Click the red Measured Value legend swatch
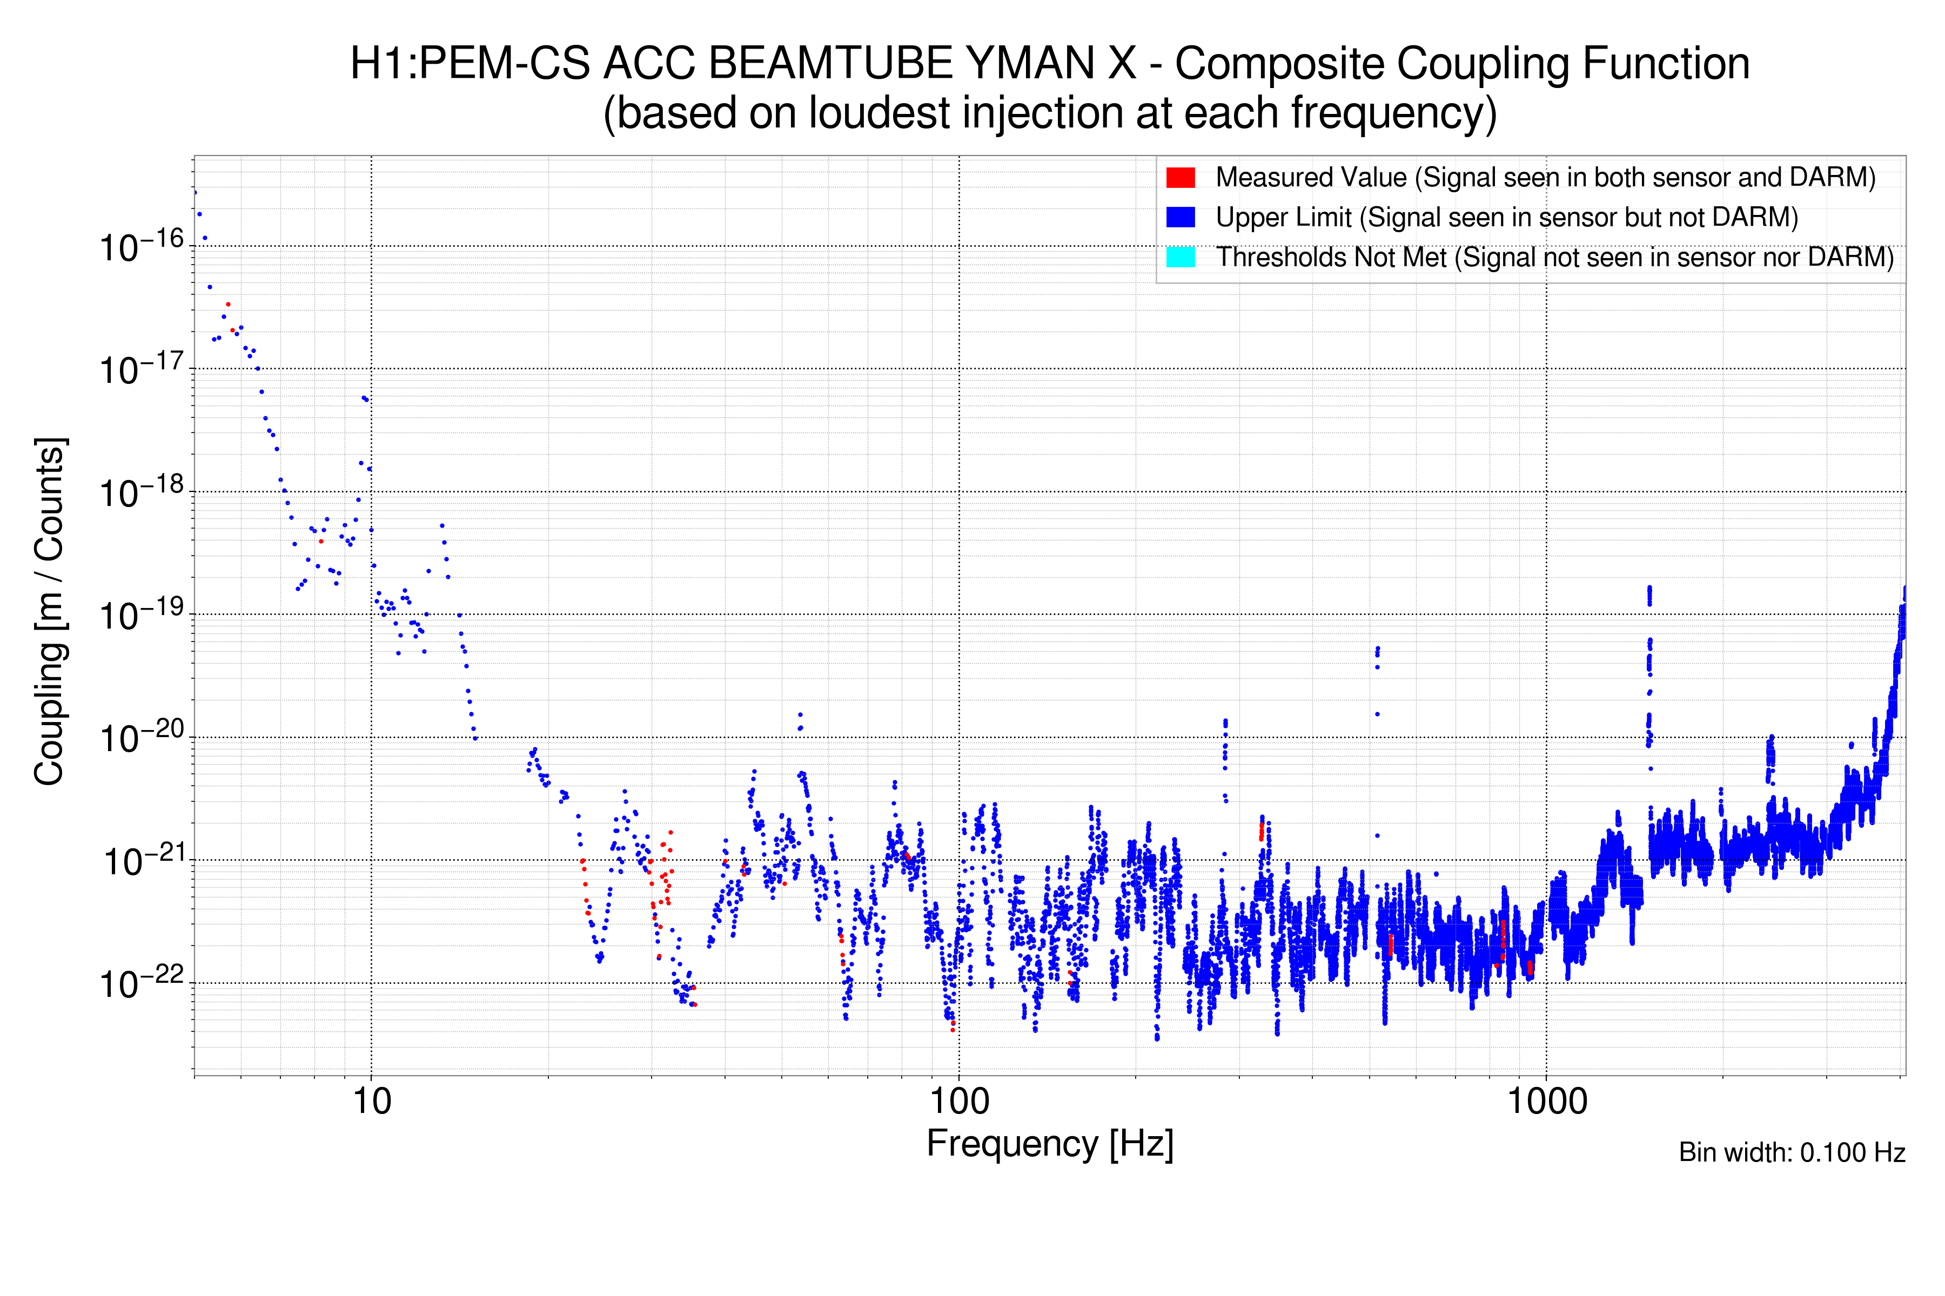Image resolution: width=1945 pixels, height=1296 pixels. [x=1180, y=177]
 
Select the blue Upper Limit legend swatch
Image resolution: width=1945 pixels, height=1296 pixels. [x=1180, y=217]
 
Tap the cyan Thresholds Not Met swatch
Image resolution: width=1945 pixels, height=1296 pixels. [x=1180, y=257]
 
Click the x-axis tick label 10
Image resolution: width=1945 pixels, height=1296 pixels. [x=371, y=1101]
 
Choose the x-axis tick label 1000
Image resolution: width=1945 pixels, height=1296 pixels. [x=1546, y=1101]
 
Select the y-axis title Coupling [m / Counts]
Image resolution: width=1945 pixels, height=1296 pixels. [x=50, y=612]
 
